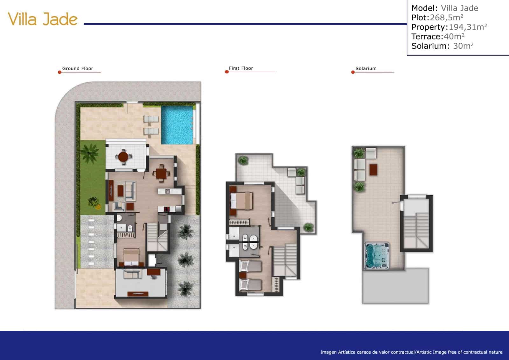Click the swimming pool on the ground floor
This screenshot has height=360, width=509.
pyautogui.click(x=177, y=125)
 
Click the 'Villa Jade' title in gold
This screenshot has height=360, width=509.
pyautogui.click(x=43, y=19)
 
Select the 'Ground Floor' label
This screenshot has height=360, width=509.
pyautogui.click(x=78, y=68)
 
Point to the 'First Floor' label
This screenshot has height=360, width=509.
pyautogui.click(x=241, y=68)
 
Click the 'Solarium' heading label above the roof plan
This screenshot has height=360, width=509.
pyautogui.click(x=366, y=68)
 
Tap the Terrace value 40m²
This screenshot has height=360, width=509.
pyautogui.click(x=454, y=36)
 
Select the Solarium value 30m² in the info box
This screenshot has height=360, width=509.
pyautogui.click(x=463, y=46)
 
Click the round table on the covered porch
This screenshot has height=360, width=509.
pyautogui.click(x=123, y=157)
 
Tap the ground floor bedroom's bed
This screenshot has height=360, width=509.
pyautogui.click(x=131, y=257)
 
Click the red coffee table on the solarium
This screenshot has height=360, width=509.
pyautogui.click(x=373, y=169)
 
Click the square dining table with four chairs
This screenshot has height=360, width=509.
pyautogui.click(x=161, y=173)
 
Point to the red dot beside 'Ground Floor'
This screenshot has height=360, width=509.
pyautogui.click(x=59, y=72)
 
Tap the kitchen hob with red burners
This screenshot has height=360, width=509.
pyautogui.click(x=167, y=209)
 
